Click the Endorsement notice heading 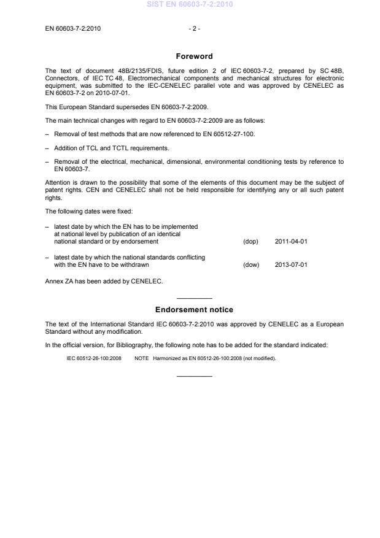pos(194,310)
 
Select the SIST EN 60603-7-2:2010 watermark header pos(190,5)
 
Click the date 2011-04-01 pos(291,241)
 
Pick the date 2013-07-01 pos(291,265)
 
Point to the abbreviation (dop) pos(250,241)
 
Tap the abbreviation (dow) pos(251,265)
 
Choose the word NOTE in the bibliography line pos(142,358)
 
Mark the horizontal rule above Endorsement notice pos(194,298)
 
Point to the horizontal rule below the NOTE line pos(194,375)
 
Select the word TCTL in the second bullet pos(102,148)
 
